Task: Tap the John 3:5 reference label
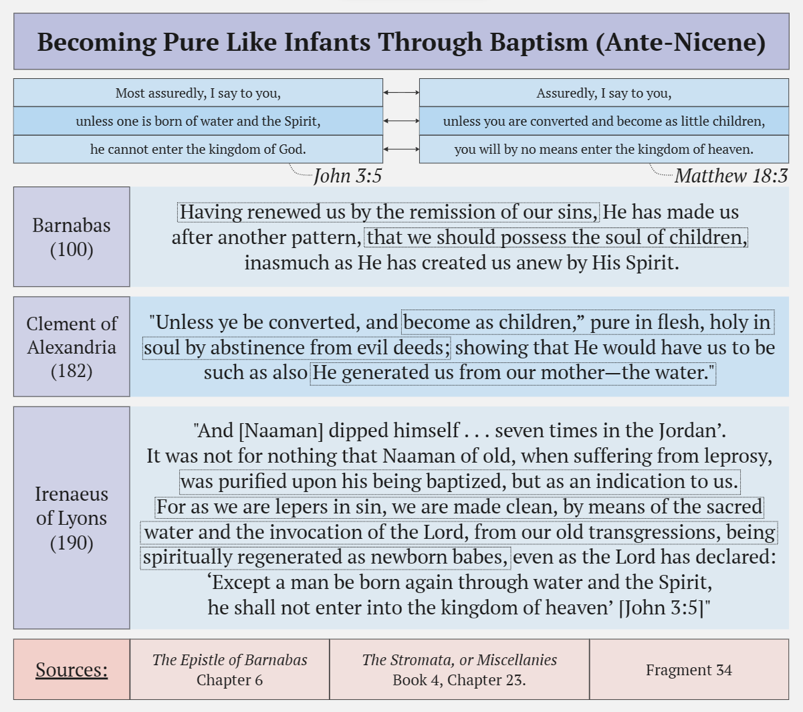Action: (348, 176)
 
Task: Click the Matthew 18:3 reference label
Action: (731, 176)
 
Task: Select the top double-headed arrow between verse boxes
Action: (401, 93)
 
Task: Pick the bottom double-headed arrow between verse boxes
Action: (401, 149)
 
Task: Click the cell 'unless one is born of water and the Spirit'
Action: (198, 121)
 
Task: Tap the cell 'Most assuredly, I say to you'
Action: (198, 93)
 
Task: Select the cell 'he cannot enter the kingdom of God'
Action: (198, 149)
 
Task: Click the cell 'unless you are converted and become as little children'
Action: (604, 121)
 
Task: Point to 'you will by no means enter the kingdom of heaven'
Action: (604, 149)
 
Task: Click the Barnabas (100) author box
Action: (72, 237)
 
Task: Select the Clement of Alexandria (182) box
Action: (72, 347)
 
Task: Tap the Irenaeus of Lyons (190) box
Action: (72, 518)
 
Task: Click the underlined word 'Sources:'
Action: (72, 669)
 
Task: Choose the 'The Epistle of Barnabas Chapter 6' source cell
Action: (229, 669)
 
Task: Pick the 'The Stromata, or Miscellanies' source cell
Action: (459, 669)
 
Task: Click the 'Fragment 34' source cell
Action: (689, 669)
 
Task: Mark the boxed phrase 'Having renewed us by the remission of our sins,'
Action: (388, 212)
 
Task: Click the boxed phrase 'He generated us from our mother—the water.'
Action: (513, 372)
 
